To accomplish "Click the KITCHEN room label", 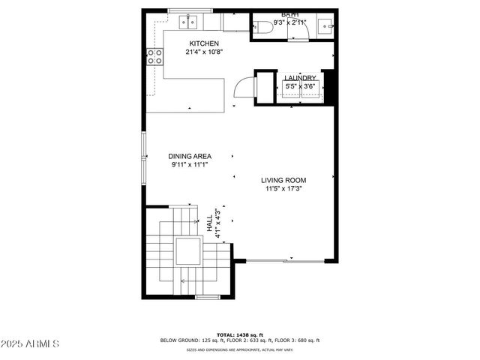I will [x=204, y=43].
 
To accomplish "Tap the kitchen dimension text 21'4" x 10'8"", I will [x=204, y=52].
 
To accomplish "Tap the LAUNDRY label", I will [x=299, y=78].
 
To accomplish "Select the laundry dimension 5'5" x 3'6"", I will [x=300, y=87].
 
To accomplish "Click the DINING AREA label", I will [x=190, y=156].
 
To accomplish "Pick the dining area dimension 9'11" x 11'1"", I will [x=190, y=165].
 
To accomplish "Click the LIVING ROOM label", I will [x=283, y=180].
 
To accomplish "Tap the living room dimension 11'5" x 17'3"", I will [x=283, y=189].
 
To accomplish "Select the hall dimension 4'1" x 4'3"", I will [x=217, y=223].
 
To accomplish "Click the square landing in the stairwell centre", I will [x=188, y=252].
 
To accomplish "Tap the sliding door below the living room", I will [x=285, y=260].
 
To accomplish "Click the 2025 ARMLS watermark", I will [x=31, y=343].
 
